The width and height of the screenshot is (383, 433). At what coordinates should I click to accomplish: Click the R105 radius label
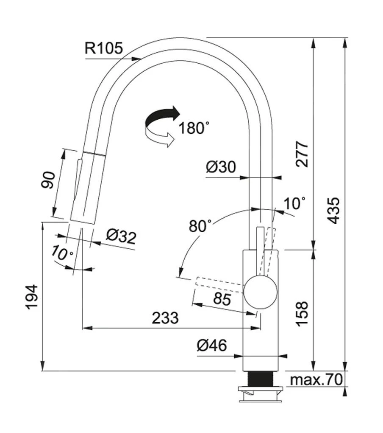(104, 48)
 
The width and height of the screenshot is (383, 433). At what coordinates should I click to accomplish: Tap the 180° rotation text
(194, 127)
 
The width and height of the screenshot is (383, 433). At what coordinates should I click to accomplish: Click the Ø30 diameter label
(221, 167)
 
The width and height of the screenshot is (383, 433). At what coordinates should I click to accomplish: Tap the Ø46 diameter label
(212, 346)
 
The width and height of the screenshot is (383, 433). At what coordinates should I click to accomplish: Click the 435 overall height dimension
(334, 210)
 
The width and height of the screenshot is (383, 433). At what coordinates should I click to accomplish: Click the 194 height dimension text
(32, 297)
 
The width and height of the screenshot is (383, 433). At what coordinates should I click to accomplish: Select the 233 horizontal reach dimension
(165, 318)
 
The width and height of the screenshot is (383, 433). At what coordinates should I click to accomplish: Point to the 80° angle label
(200, 226)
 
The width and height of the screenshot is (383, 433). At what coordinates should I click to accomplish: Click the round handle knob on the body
(261, 292)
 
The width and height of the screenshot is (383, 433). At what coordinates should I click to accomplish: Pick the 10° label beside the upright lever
(294, 204)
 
